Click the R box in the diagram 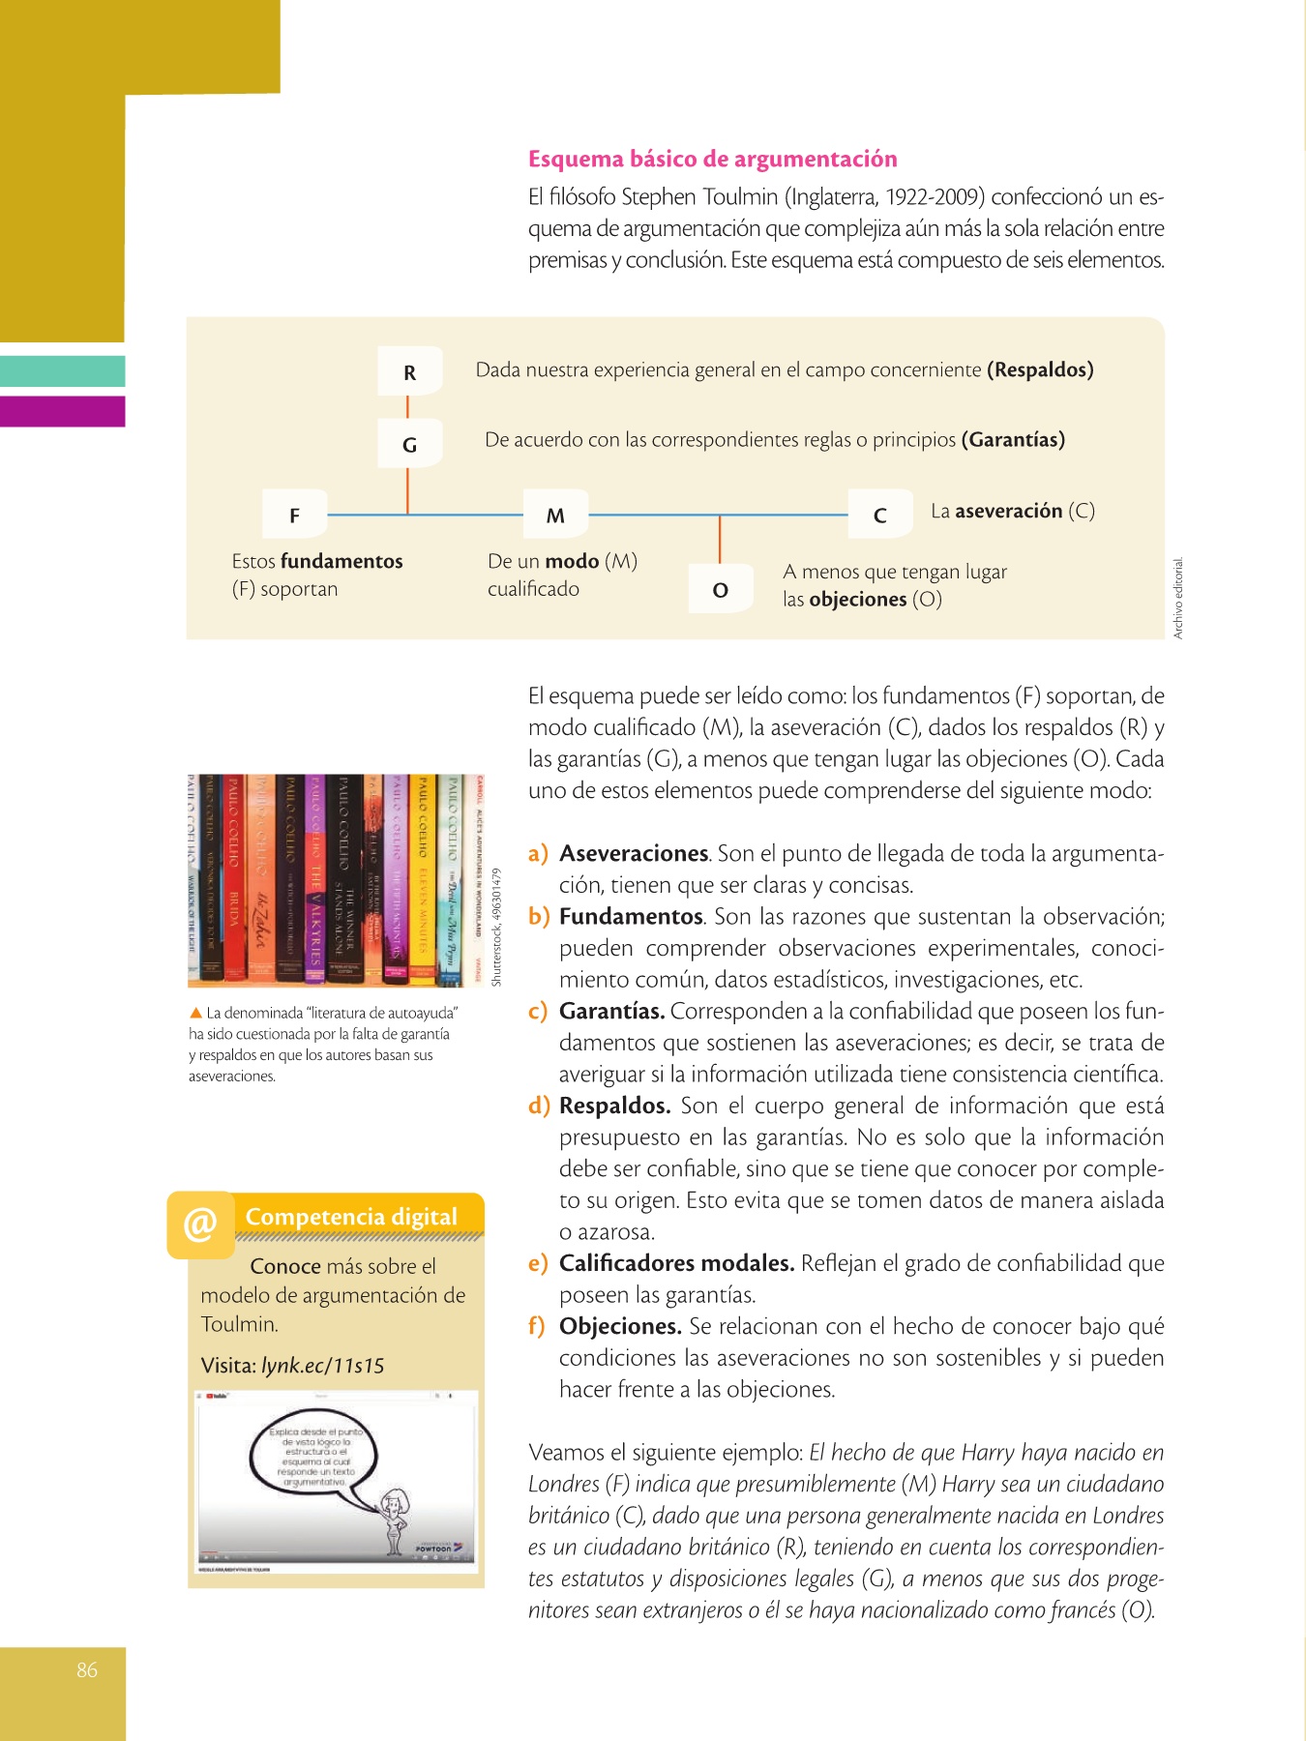pyautogui.click(x=410, y=372)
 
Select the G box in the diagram pyautogui.click(x=410, y=445)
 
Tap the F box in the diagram pyautogui.click(x=295, y=516)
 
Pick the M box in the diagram pyautogui.click(x=555, y=516)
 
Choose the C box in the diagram pyautogui.click(x=880, y=516)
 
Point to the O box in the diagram pyautogui.click(x=721, y=590)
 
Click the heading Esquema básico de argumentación pyautogui.click(x=712, y=160)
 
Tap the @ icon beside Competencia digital pyautogui.click(x=200, y=1225)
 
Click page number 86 pyautogui.click(x=87, y=1669)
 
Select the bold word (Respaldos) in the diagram pyautogui.click(x=1040, y=369)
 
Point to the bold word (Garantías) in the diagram pyautogui.click(x=1013, y=440)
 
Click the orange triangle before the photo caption pyautogui.click(x=195, y=1013)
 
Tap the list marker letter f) pyautogui.click(x=538, y=1326)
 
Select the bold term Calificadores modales pyautogui.click(x=676, y=1263)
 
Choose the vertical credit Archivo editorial pyautogui.click(x=1178, y=598)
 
